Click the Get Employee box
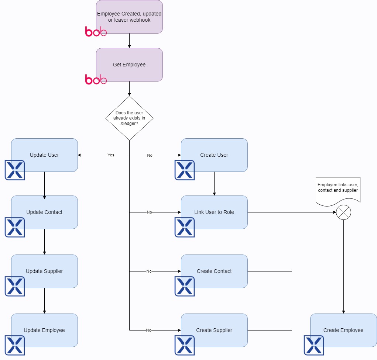(x=129, y=65)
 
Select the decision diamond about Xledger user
(x=129, y=118)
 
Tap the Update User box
(x=44, y=155)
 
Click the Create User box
(x=214, y=155)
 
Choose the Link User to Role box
(x=214, y=212)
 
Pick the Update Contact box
(x=44, y=212)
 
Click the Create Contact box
(x=214, y=271)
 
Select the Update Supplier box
(x=44, y=271)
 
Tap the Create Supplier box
(x=214, y=330)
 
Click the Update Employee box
(x=44, y=330)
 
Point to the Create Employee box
(x=343, y=330)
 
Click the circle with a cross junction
(x=343, y=212)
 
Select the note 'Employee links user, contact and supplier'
(x=337, y=188)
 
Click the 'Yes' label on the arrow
(x=111, y=155)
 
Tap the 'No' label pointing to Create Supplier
(x=148, y=330)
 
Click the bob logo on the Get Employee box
(x=96, y=79)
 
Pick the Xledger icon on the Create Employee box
(x=313, y=345)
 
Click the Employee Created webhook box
(x=129, y=17)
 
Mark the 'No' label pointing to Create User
(x=150, y=155)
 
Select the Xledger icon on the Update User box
(x=15, y=170)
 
